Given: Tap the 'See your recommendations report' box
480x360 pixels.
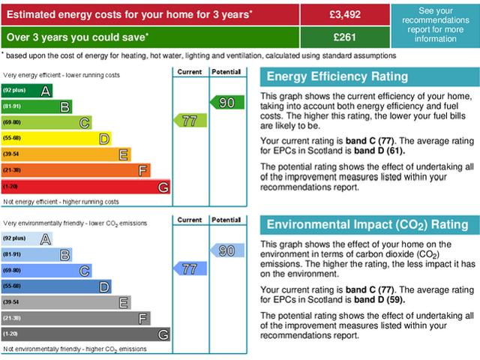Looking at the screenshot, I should (435, 25).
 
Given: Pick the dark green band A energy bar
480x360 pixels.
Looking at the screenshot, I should (27, 91).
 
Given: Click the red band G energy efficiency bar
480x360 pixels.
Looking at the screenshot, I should (85, 186).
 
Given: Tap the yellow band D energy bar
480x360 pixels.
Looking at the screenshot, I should (56, 138).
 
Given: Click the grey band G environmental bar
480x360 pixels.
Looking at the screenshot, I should (85, 333).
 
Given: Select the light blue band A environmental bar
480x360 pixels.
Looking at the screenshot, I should (27, 238).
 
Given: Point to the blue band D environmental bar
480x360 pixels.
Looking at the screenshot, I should (56, 286).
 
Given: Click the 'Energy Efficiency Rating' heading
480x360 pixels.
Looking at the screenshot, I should (337, 76).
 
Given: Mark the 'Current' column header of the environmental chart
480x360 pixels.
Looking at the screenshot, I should (189, 220).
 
